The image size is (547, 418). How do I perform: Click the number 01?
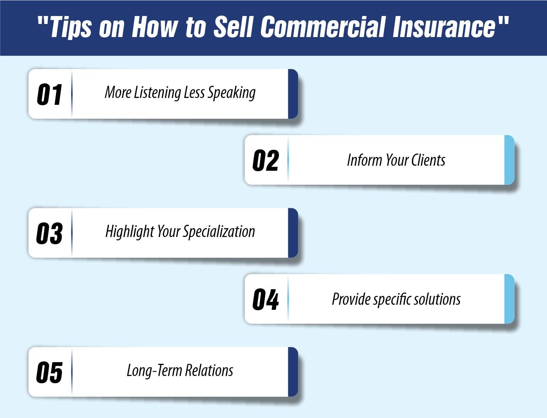tap(50, 94)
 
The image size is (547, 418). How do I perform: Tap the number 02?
tap(266, 160)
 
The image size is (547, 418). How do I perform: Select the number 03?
tap(49, 233)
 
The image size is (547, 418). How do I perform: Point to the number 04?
tap(266, 299)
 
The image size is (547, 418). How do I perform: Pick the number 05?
tap(49, 372)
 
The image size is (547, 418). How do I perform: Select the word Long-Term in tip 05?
tap(154, 371)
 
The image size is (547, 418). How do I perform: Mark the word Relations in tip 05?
tap(209, 371)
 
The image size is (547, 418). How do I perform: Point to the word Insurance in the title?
tap(444, 27)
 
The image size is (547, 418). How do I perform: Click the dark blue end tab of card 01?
tap(293, 94)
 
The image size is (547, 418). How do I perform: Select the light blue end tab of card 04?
tap(509, 299)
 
